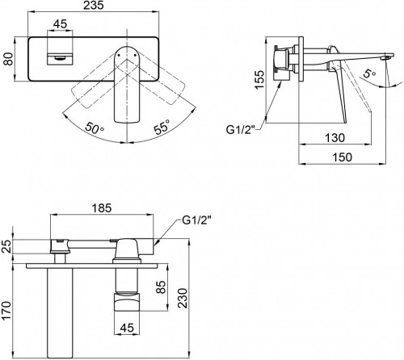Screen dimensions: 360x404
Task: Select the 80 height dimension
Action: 8,60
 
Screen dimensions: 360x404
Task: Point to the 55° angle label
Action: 163,128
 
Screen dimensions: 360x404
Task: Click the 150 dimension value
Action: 345,159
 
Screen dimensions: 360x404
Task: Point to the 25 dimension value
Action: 8,245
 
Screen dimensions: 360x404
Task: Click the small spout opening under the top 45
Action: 60,58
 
